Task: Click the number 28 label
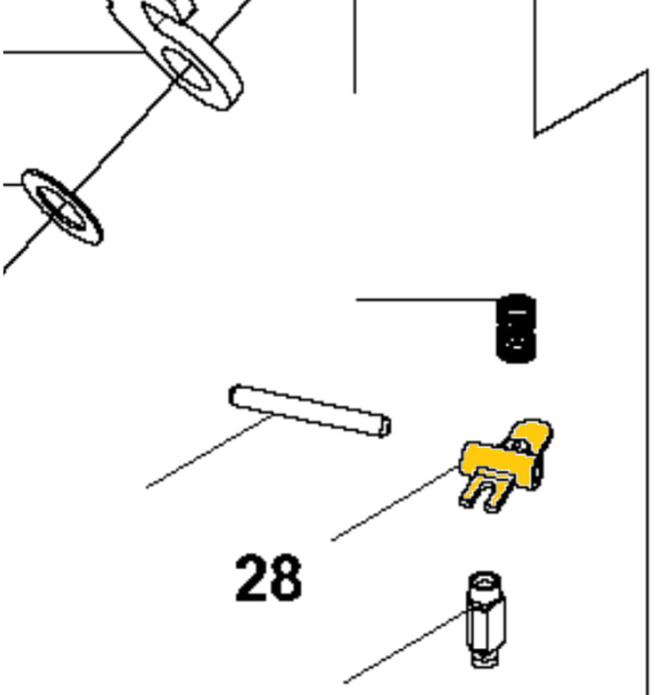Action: click(269, 578)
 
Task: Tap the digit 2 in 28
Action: click(251, 578)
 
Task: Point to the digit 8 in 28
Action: click(286, 578)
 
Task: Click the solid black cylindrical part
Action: click(516, 328)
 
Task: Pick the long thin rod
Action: click(310, 411)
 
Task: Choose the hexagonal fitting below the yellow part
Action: click(485, 619)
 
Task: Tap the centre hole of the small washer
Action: click(61, 208)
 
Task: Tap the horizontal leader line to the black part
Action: click(428, 300)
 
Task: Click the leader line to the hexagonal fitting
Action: click(405, 647)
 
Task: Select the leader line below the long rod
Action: click(209, 451)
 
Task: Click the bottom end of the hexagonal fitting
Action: click(485, 661)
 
